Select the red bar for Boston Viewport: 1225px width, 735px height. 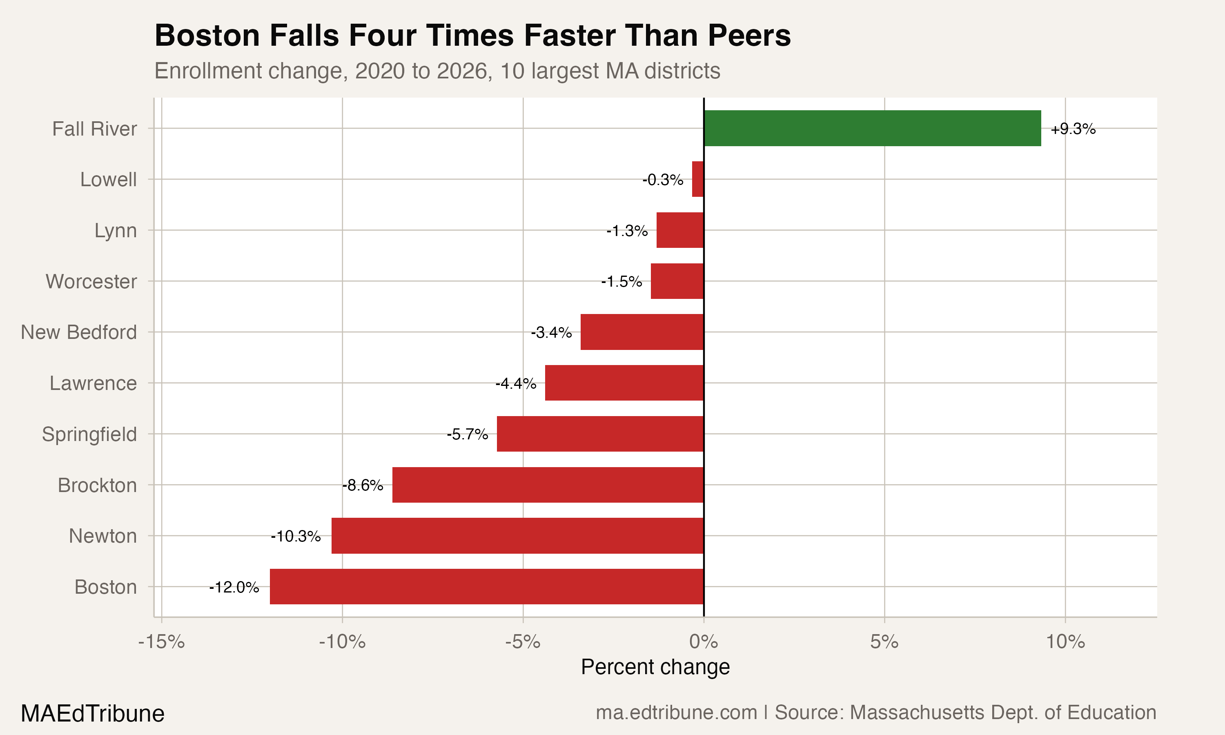[486, 586]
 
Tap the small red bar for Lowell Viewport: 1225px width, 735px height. [698, 179]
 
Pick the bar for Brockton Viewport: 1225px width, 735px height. [548, 485]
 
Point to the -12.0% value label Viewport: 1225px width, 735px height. [234, 588]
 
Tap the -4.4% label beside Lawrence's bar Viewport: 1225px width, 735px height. [516, 383]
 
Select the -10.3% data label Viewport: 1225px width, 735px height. [296, 537]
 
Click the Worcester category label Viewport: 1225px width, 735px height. [91, 281]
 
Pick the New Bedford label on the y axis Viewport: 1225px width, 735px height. [79, 332]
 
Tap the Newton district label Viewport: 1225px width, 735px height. [102, 536]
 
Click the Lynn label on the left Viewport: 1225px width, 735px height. [116, 231]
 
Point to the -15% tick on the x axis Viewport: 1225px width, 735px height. [161, 642]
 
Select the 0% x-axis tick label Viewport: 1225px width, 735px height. [703, 642]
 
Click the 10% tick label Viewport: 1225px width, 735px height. [1065, 642]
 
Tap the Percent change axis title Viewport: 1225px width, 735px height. [655, 667]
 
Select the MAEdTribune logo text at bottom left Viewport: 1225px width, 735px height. [93, 714]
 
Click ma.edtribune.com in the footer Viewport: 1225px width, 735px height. [676, 713]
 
